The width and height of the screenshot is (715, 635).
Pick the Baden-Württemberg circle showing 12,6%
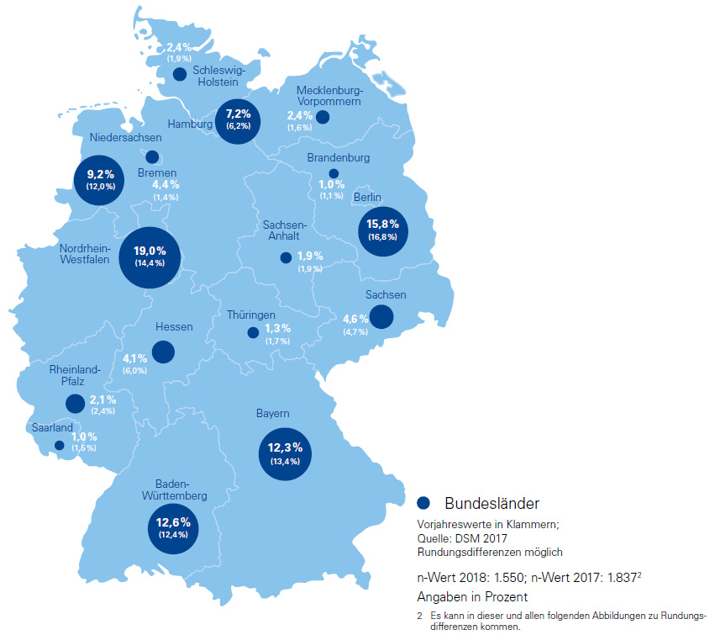[174, 527]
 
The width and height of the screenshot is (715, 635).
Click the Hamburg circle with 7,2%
[238, 119]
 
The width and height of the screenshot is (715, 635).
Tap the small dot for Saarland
[59, 446]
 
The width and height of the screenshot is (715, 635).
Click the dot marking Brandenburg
[334, 173]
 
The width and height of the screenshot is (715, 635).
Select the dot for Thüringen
[253, 332]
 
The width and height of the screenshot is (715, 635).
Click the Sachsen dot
[381, 317]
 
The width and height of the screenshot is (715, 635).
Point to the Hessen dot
[163, 352]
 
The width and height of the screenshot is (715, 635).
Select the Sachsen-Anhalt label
[285, 231]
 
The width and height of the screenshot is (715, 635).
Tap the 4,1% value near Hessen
[135, 357]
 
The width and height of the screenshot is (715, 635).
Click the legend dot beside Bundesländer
[423, 503]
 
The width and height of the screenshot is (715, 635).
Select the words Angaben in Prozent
[472, 596]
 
